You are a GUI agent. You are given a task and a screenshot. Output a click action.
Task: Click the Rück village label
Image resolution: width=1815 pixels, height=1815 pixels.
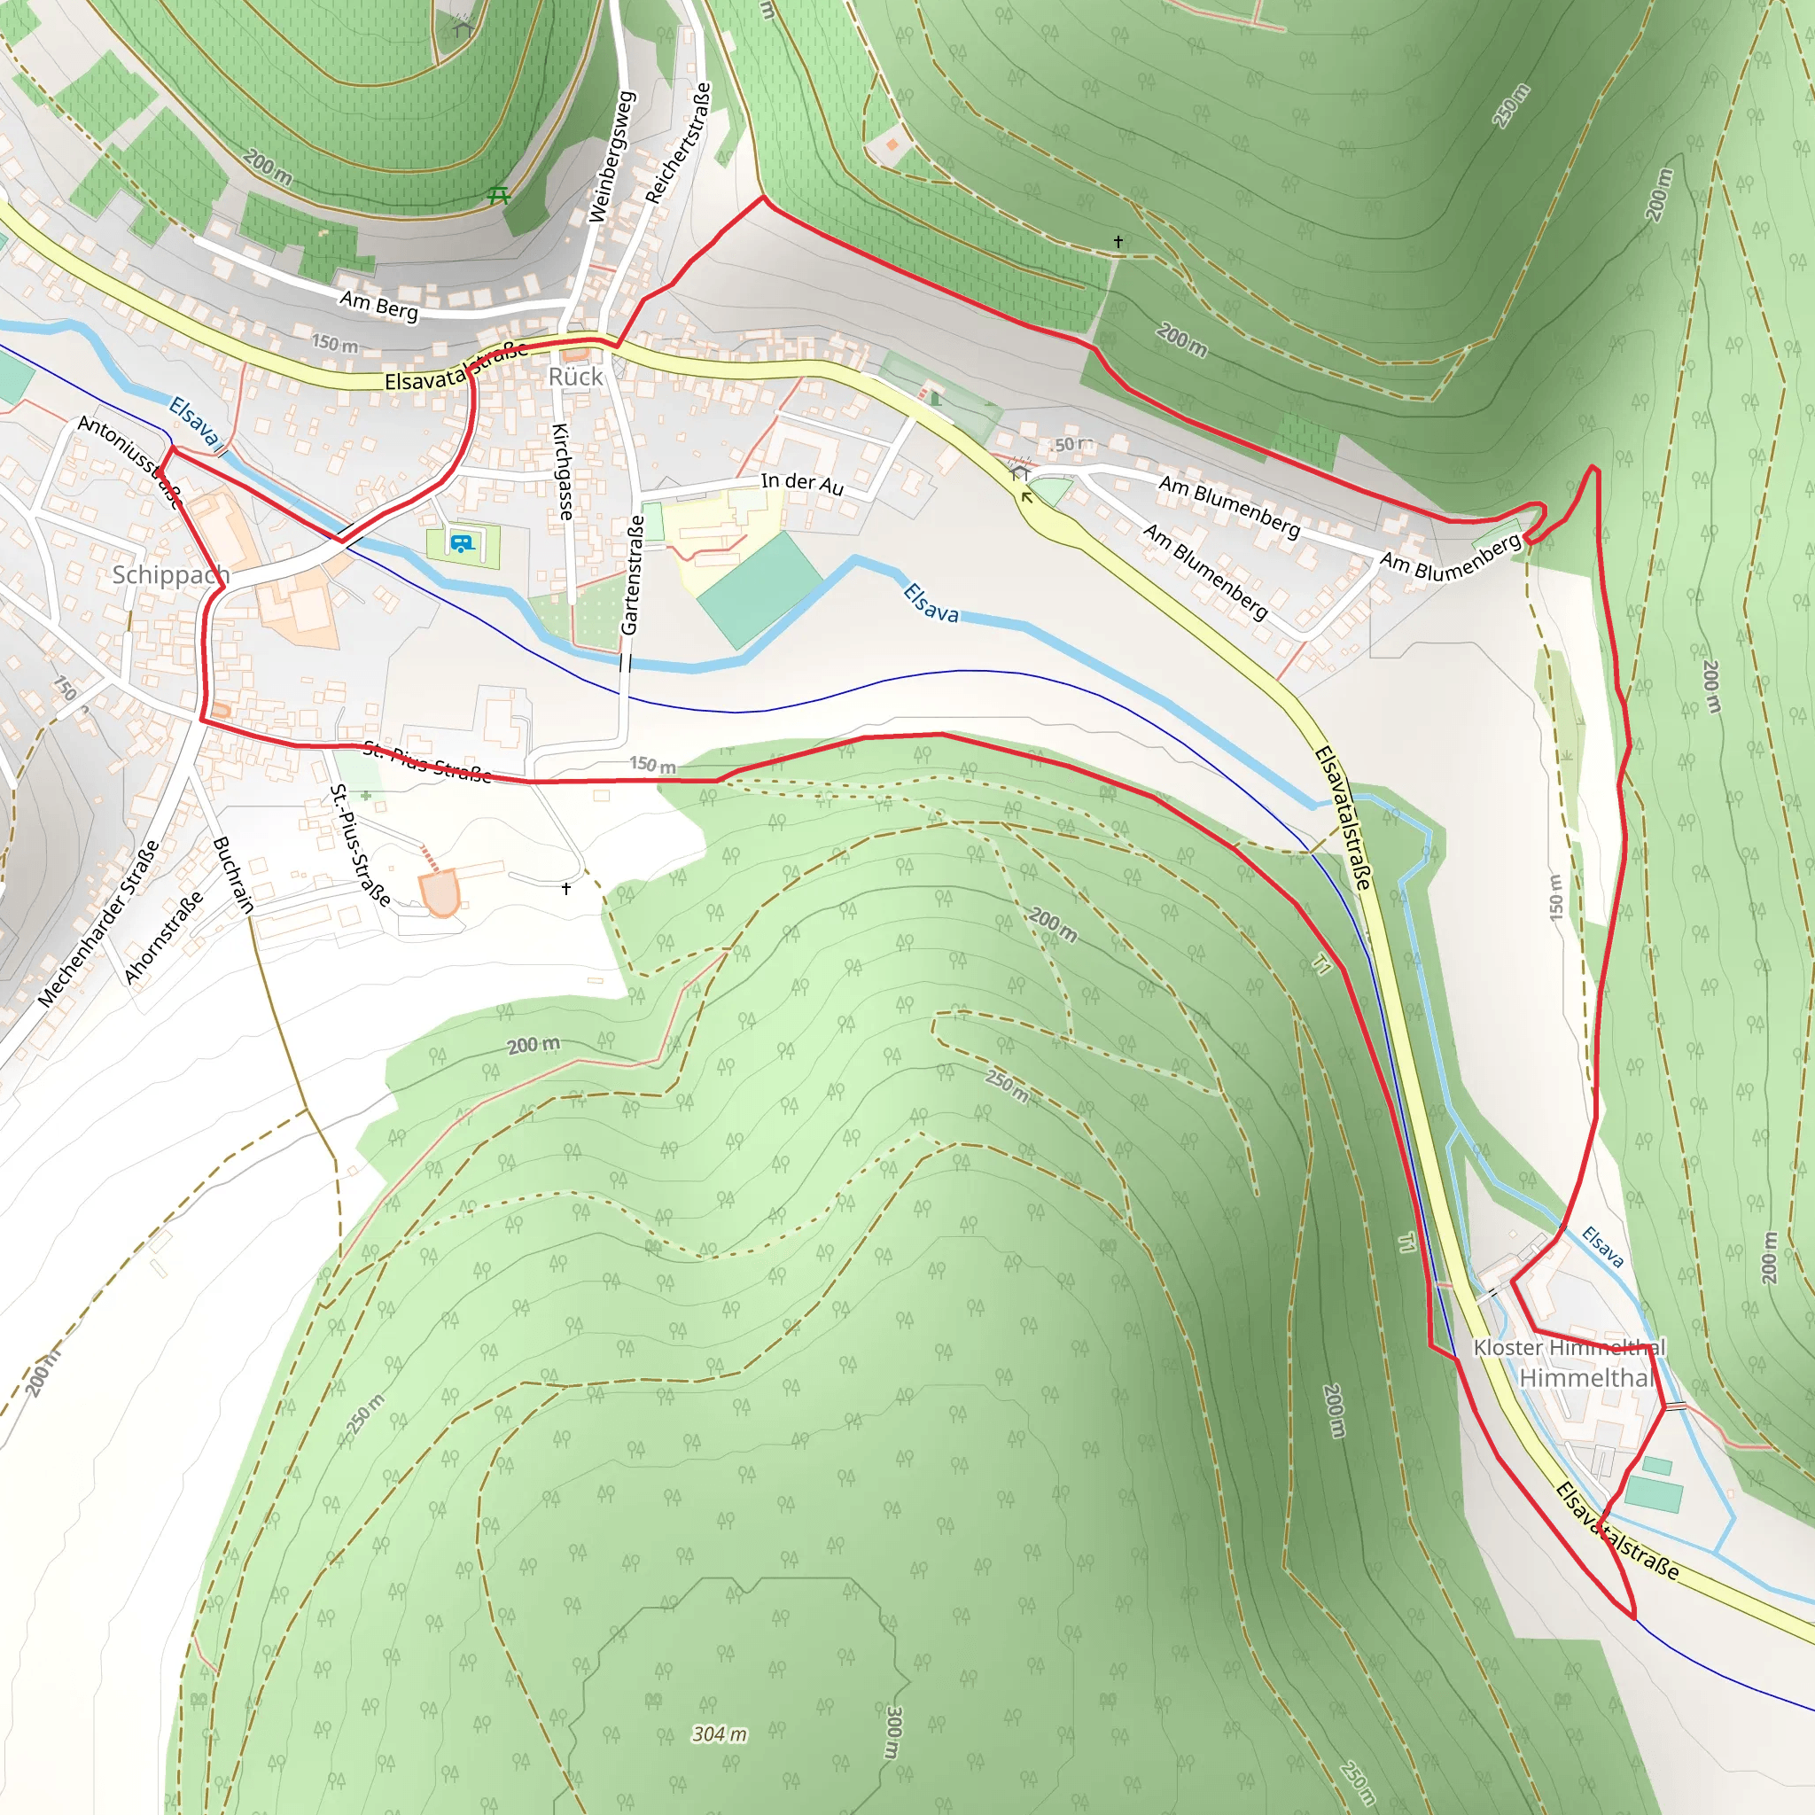coord(575,377)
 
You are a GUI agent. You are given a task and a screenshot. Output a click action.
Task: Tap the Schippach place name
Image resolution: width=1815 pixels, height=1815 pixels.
coord(170,574)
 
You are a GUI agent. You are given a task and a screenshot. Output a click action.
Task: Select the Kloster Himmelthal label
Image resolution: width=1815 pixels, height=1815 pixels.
coord(1569,1347)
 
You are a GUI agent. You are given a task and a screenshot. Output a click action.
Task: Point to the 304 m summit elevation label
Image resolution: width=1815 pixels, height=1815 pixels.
coord(720,1733)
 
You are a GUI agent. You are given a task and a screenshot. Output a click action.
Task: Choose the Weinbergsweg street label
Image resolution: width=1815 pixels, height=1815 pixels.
coord(611,157)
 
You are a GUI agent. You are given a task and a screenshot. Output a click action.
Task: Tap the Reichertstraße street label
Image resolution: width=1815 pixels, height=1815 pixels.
coord(678,143)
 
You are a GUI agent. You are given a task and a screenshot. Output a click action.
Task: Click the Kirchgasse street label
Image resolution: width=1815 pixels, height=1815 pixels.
coord(562,471)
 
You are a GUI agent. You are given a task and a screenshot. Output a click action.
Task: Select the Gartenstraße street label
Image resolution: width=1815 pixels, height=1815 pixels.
coord(632,574)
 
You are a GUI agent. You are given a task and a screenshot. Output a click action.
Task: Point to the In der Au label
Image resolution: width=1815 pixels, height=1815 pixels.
coord(801,483)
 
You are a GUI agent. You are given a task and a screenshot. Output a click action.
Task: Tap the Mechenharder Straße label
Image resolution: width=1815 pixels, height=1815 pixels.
coord(97,924)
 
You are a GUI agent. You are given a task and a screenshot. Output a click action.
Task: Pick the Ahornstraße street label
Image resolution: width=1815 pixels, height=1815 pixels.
coord(163,938)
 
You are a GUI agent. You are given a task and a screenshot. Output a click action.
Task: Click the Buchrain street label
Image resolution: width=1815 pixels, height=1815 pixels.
coord(234,875)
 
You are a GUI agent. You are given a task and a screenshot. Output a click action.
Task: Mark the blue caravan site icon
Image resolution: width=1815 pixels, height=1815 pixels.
coord(461,543)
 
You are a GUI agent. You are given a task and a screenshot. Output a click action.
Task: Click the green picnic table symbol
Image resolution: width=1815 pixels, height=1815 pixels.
coord(499,195)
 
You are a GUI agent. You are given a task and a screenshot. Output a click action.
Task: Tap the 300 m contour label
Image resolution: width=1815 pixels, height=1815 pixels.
coord(892,1733)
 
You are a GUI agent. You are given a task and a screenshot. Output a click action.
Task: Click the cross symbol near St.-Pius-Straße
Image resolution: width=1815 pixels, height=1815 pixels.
coord(565,888)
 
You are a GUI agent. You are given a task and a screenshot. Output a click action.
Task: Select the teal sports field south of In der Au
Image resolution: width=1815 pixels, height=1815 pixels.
coord(759,590)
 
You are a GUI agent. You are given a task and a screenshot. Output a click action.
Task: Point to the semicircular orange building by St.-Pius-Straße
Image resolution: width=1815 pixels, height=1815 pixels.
coord(440,891)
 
